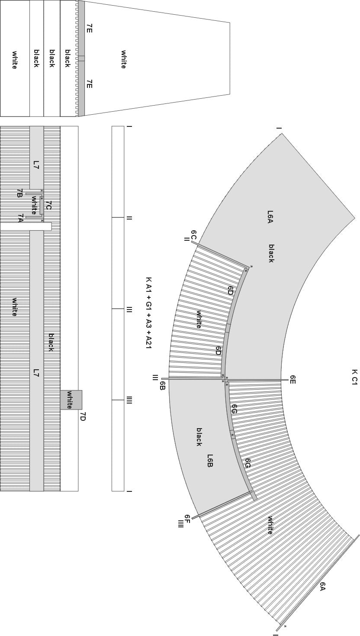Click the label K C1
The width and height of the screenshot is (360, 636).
(354, 377)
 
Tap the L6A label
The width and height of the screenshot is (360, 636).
(270, 216)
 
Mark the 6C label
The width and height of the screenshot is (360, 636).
(194, 235)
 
